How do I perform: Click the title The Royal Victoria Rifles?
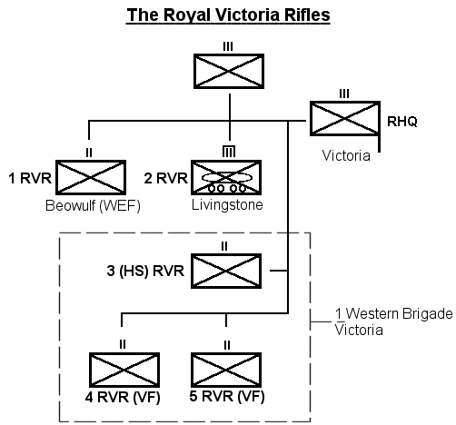[x=228, y=15]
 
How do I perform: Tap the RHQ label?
[x=402, y=122]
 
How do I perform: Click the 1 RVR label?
[x=30, y=178]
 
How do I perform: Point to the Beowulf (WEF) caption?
[x=93, y=206]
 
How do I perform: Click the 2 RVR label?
[x=166, y=178]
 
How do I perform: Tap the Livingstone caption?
[x=227, y=205]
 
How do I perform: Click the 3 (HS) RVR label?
[x=145, y=271]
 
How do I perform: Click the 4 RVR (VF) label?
[x=123, y=397]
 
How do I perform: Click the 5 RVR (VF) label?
[x=227, y=396]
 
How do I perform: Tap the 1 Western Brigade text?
[x=394, y=313]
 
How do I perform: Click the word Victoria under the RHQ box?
[x=346, y=155]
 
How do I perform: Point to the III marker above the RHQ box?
[x=344, y=94]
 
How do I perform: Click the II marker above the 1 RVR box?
[x=89, y=153]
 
